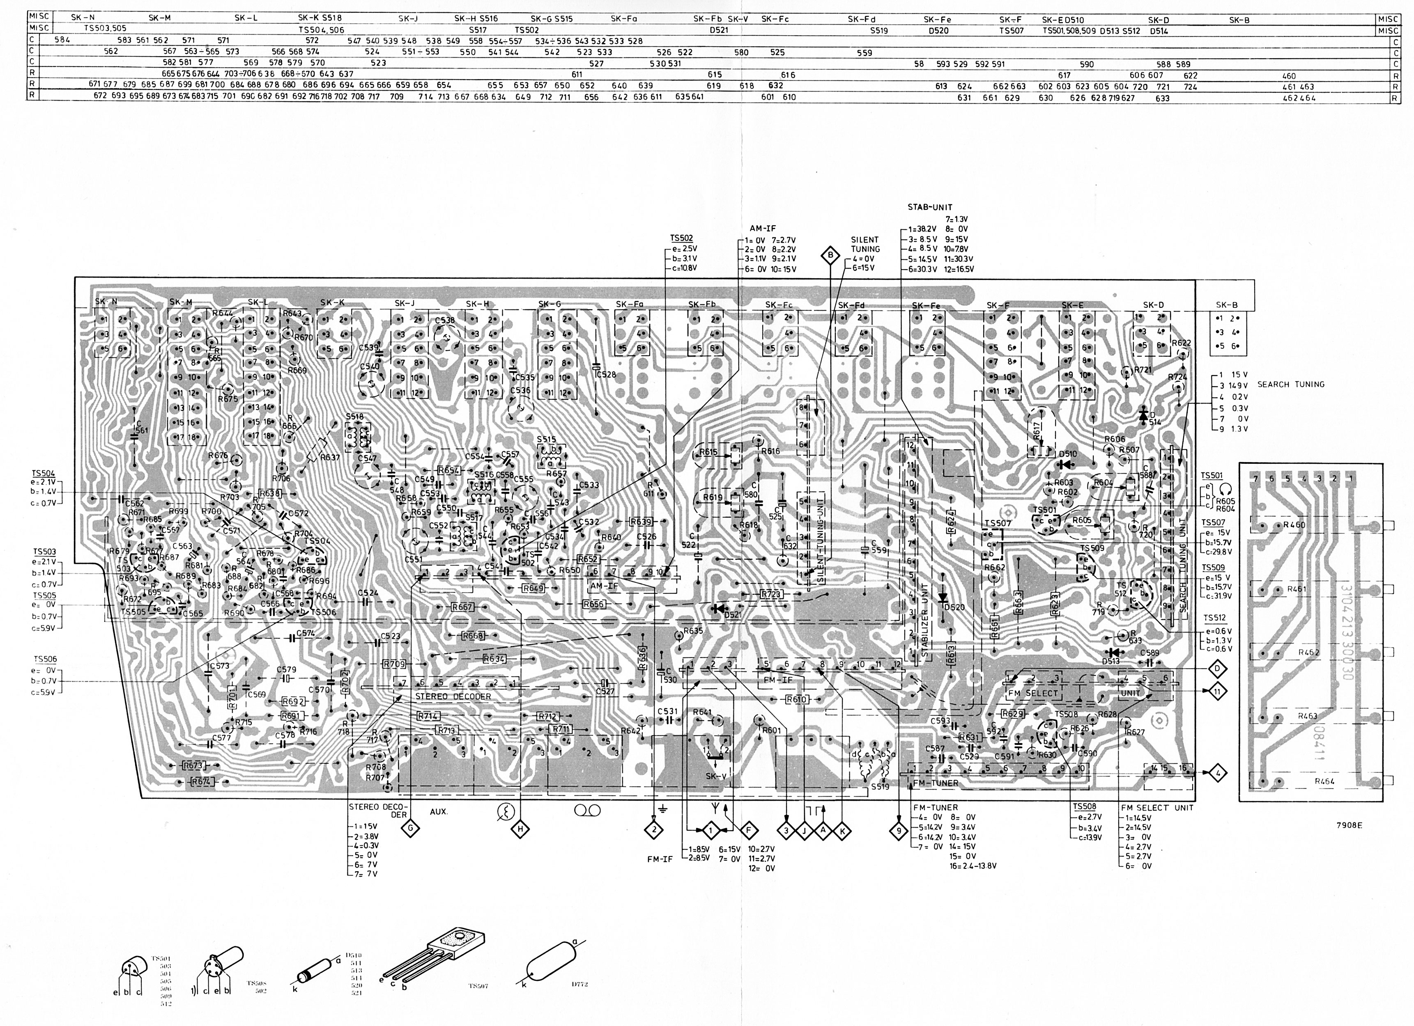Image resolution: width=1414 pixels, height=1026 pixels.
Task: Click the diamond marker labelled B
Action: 830,254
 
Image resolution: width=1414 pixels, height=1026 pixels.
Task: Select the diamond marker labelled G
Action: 410,829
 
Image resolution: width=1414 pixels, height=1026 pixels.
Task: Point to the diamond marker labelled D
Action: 1216,669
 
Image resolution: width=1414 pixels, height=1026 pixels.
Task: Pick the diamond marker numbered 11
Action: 1216,690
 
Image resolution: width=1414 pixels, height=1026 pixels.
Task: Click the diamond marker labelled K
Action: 842,830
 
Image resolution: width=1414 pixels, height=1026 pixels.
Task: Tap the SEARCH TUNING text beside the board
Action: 1290,385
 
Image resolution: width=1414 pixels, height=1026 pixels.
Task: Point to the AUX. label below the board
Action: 439,812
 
